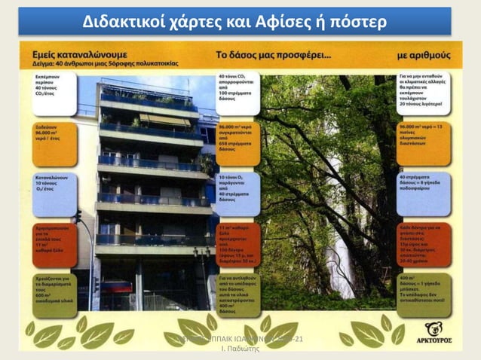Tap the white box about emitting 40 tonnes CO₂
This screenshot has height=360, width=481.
[54, 94]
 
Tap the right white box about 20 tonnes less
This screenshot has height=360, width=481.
[424, 94]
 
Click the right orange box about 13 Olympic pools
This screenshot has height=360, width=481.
[424, 143]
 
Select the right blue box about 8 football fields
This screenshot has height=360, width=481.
[424, 193]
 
